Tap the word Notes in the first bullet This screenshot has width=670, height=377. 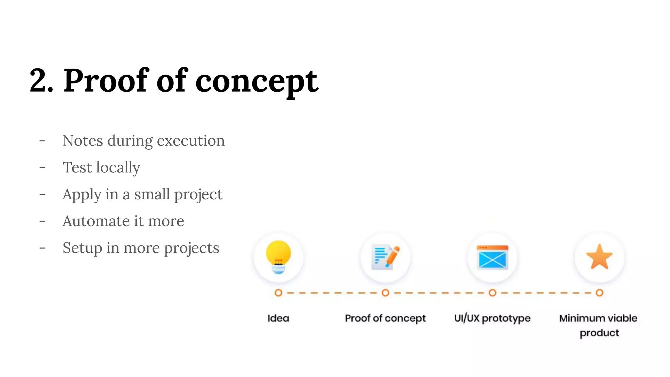point(83,141)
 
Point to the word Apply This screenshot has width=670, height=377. point(82,195)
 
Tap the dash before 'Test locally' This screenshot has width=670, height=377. point(42,168)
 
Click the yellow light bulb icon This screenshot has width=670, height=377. point(278,257)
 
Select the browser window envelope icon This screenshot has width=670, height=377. point(492,257)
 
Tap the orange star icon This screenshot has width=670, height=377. point(599,257)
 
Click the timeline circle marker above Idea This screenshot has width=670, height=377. point(278,293)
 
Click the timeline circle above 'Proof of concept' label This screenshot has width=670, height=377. point(385,293)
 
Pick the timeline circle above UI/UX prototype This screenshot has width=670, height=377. point(492,293)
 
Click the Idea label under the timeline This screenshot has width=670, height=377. point(278,318)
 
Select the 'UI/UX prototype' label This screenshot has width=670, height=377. point(492,318)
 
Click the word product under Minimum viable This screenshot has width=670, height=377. point(599,333)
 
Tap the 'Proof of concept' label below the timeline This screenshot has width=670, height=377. point(385,318)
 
